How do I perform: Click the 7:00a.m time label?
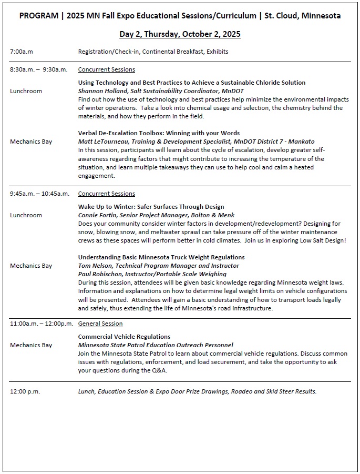pos(22,52)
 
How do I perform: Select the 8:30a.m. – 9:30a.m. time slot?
pos(38,69)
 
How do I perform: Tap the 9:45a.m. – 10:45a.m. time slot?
pos(39,194)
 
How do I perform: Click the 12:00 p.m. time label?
pos(25,391)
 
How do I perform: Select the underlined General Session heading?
pos(100,324)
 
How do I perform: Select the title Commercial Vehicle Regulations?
pos(124,337)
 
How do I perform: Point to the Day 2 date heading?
pos(180,34)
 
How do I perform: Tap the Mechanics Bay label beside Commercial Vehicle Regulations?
pos(31,345)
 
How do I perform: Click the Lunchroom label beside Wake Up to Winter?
pos(26,215)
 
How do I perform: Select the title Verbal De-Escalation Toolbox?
pos(159,133)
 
